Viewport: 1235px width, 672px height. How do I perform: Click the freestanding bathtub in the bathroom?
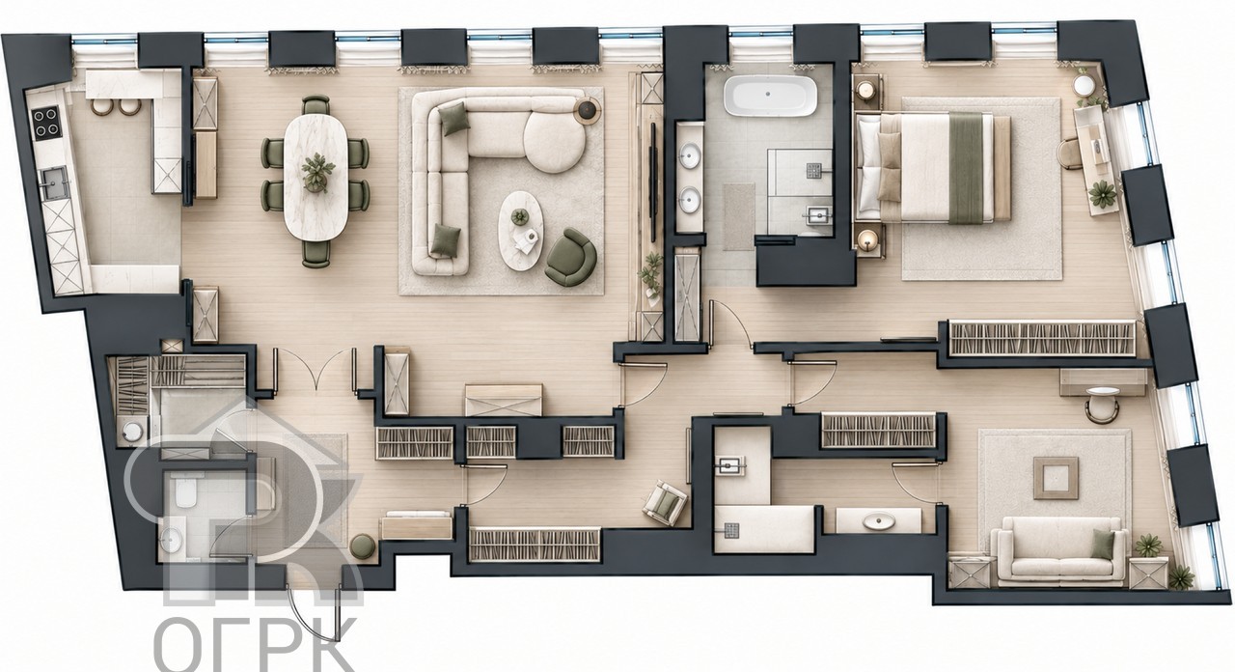[769, 96]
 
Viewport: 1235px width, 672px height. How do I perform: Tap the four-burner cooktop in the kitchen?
[44, 122]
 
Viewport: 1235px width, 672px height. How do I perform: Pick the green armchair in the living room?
[571, 257]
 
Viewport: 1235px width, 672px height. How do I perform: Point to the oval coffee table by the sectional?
[520, 231]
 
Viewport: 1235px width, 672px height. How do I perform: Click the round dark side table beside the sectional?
[588, 109]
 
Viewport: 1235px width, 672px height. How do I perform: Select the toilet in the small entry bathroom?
[182, 491]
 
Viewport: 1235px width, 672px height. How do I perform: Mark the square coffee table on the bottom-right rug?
[1056, 478]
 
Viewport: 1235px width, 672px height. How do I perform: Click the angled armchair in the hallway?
[666, 502]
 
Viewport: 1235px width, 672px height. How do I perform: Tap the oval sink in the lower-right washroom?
[878, 520]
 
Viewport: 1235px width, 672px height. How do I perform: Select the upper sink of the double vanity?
[690, 155]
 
